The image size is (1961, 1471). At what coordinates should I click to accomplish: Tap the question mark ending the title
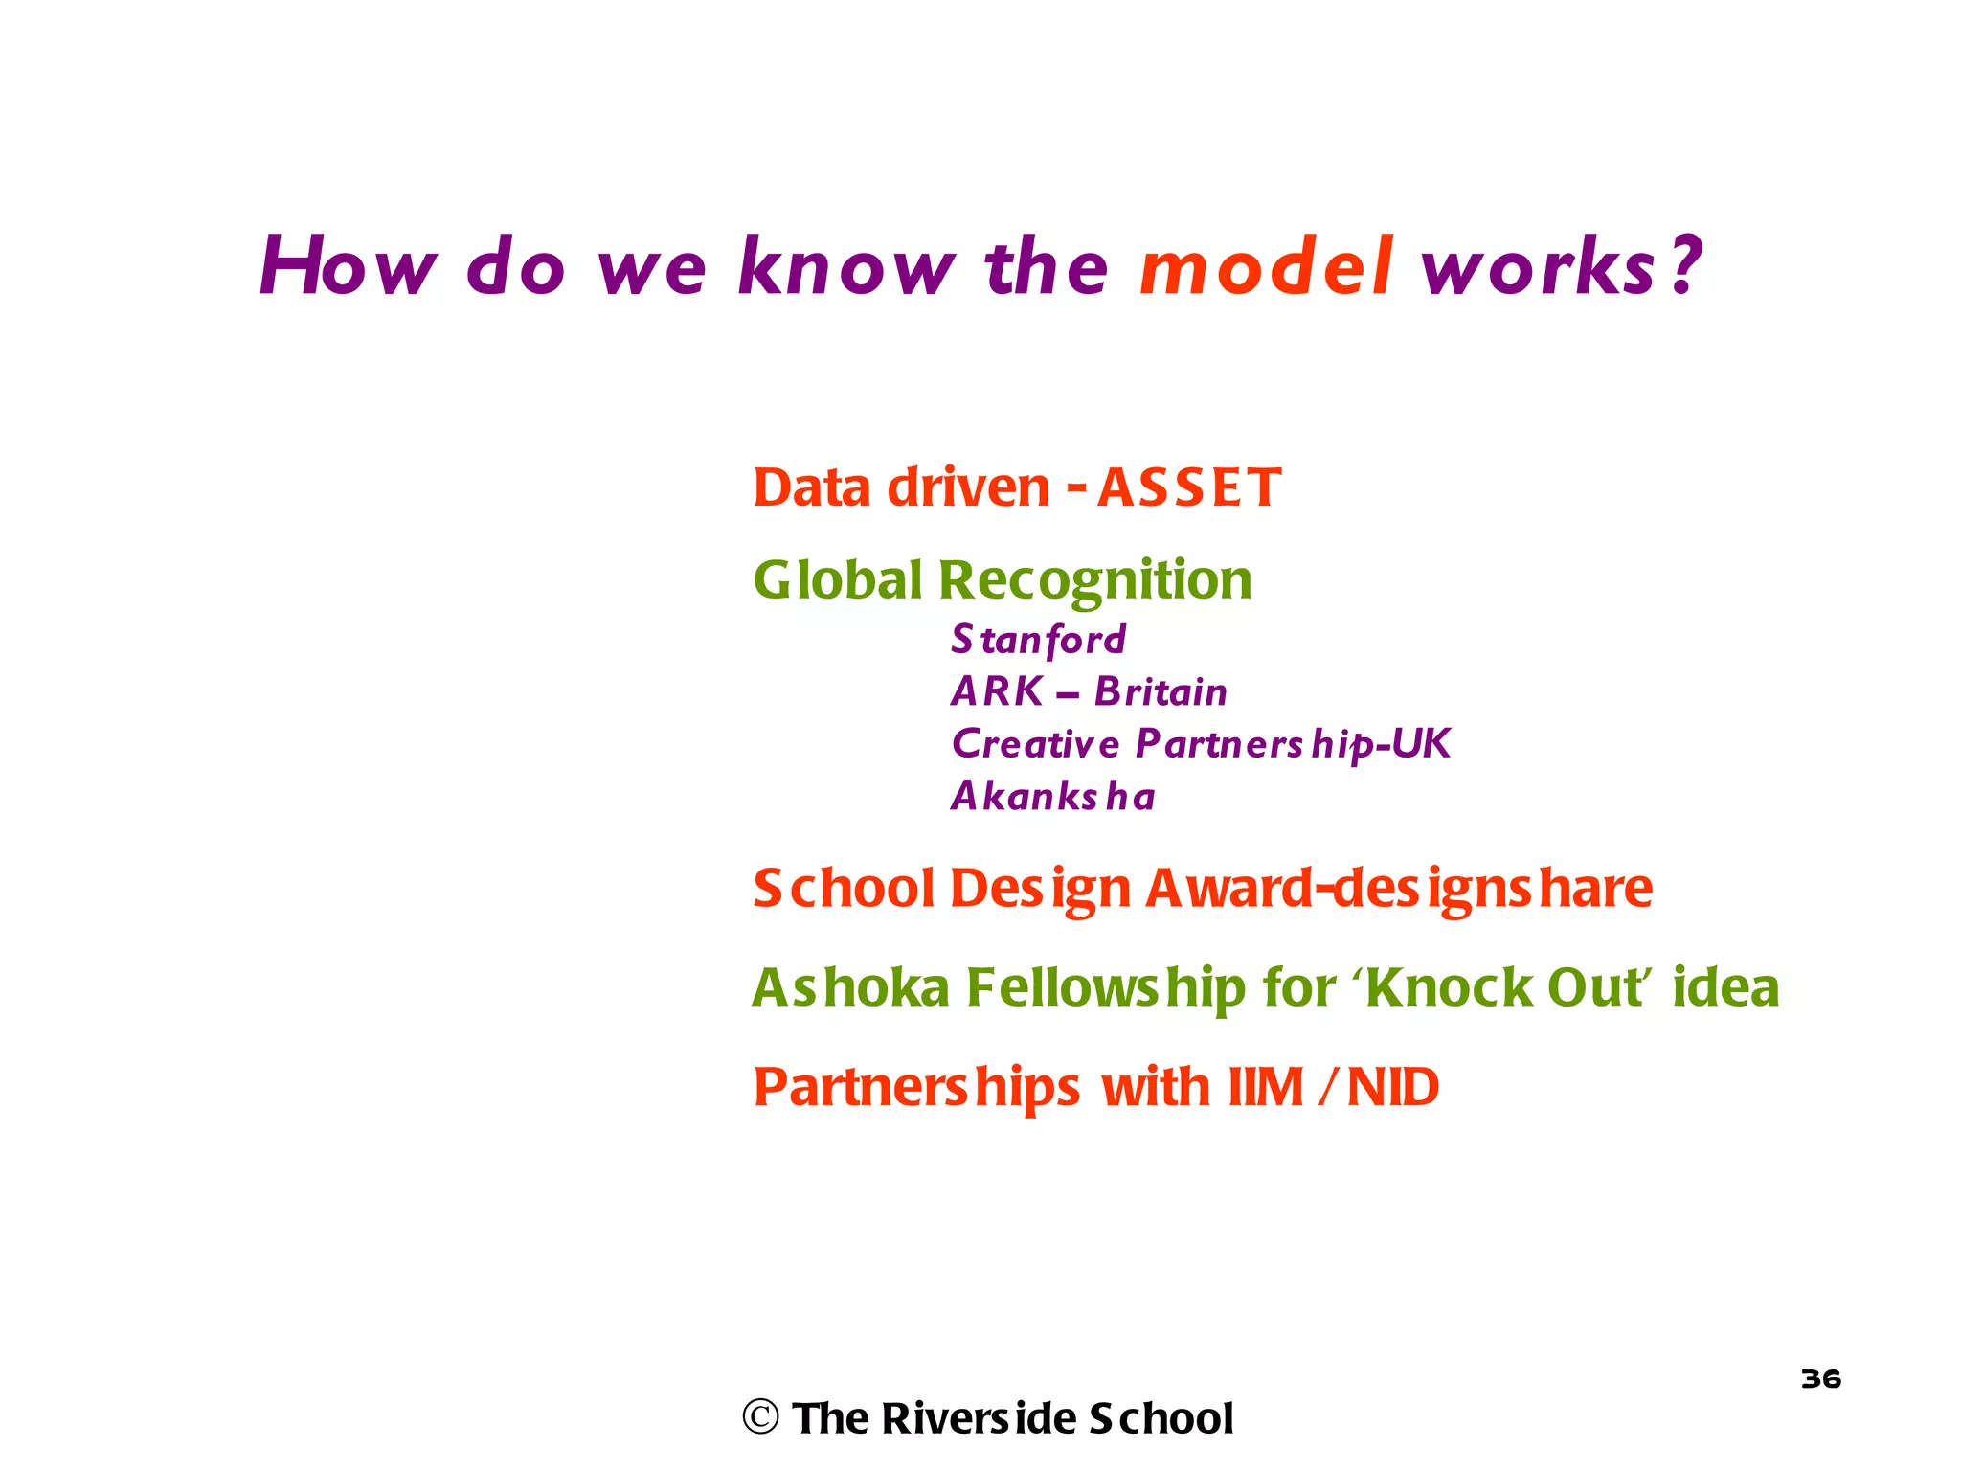click(1683, 265)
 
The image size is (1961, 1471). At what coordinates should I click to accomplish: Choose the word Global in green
click(838, 580)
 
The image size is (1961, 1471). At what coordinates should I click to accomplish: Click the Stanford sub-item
click(1038, 640)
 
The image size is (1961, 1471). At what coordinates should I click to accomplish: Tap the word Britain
click(1161, 692)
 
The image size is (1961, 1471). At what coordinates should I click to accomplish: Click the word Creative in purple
click(1035, 744)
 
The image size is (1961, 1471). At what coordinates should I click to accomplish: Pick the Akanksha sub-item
click(1052, 797)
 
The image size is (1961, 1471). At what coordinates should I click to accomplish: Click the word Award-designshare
click(1399, 889)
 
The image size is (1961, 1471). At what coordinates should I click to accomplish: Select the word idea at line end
click(1725, 987)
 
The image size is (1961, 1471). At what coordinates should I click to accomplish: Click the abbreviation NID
click(1392, 1087)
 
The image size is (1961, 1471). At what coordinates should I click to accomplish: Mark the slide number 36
click(1820, 1379)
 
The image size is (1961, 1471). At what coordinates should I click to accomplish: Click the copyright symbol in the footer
click(761, 1417)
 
